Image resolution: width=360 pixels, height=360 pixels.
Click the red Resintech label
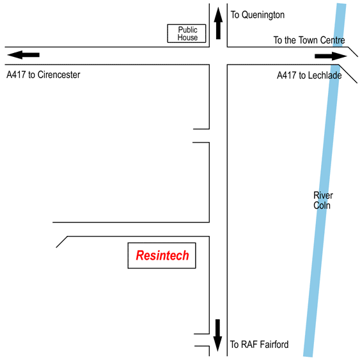click(162, 255)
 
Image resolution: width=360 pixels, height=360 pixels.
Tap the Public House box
click(187, 33)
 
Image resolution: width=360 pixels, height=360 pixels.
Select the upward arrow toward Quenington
click(218, 23)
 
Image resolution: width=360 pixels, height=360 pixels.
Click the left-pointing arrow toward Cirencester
click(23, 55)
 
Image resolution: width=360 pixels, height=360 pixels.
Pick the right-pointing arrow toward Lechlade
click(331, 56)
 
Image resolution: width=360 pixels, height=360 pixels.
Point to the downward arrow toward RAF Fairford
click(217, 335)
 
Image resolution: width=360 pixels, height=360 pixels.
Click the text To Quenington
click(258, 15)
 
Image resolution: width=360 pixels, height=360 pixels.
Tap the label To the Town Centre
click(309, 40)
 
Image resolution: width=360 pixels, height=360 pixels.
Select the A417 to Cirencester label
click(43, 75)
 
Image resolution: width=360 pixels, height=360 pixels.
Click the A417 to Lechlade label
click(309, 75)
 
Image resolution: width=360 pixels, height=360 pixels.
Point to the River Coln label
click(323, 200)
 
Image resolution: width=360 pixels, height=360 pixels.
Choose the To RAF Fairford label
click(259, 345)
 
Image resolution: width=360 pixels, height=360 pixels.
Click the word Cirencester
click(59, 75)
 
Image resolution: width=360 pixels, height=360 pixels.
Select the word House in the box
click(187, 38)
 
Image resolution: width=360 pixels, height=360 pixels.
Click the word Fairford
click(274, 345)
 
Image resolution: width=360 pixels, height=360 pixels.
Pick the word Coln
click(322, 205)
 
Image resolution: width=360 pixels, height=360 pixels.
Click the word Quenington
click(263, 15)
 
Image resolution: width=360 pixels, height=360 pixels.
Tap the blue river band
click(325, 180)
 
